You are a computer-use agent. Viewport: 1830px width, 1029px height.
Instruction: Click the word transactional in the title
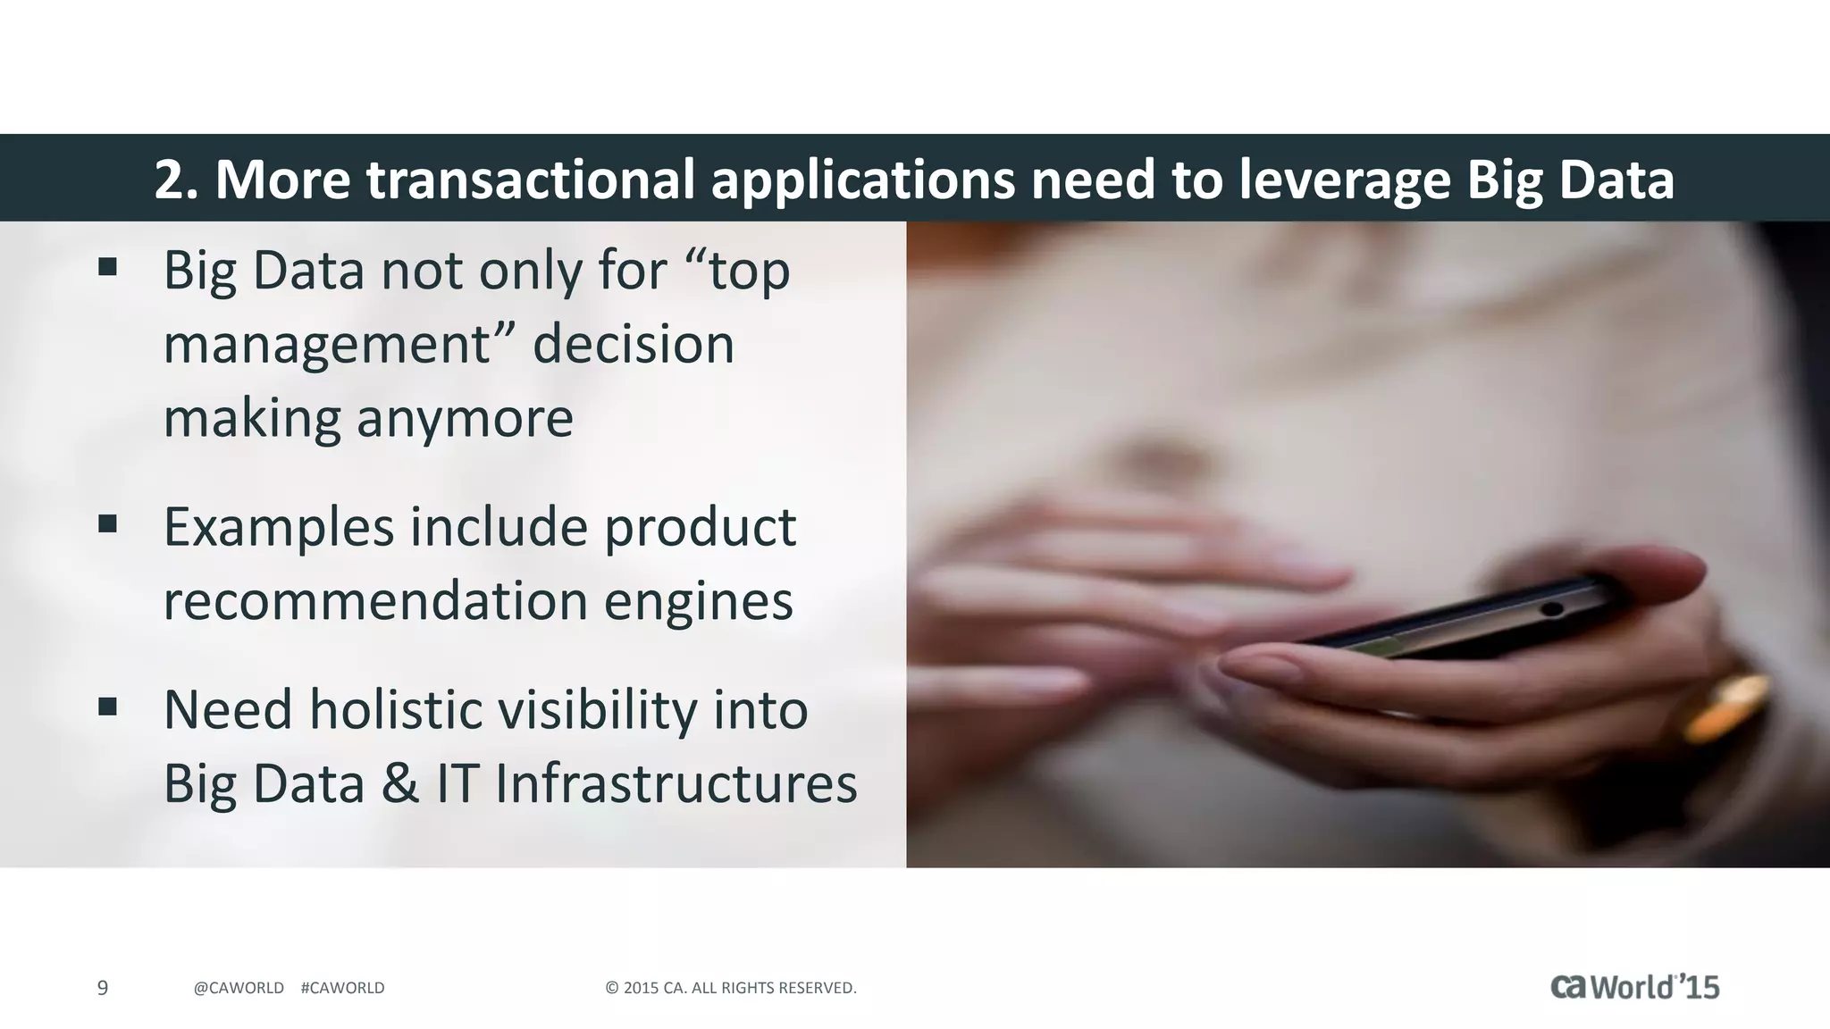coord(530,180)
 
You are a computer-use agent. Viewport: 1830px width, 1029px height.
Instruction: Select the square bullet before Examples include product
coord(108,523)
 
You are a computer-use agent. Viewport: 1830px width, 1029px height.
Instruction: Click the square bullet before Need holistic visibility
coord(108,707)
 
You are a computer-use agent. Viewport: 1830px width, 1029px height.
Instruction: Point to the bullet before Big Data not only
coord(108,266)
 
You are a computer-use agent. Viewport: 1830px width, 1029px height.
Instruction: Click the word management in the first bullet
coord(327,345)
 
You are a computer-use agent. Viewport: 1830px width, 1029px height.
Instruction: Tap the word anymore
coord(465,418)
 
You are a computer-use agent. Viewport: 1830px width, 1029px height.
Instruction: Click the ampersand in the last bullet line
coord(399,783)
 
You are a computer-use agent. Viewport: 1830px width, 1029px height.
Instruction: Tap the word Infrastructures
coord(676,783)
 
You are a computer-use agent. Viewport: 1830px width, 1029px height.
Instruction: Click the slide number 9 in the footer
coord(103,988)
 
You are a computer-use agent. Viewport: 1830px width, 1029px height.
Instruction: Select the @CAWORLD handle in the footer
coord(239,988)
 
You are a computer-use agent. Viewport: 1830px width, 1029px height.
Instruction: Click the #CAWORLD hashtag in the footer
coord(343,988)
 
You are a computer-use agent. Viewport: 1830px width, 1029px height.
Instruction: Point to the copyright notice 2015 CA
coord(731,988)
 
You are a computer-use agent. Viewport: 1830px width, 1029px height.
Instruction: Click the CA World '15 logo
coord(1634,987)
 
